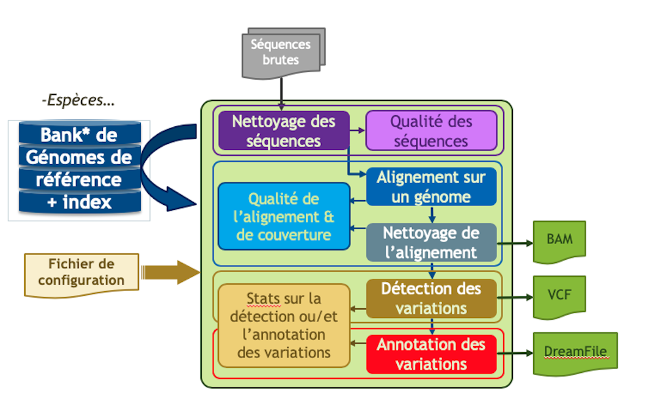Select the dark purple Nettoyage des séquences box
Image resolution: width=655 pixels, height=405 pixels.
point(284,131)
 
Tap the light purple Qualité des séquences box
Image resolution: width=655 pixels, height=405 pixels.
point(430,131)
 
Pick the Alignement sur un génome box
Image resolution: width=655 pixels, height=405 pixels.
point(430,186)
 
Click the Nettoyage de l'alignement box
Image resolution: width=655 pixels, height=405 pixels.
point(430,243)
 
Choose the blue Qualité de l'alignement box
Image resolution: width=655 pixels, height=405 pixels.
point(284,217)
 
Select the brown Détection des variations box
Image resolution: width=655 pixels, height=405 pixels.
point(430,298)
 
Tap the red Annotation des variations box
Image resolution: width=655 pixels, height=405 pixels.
point(430,354)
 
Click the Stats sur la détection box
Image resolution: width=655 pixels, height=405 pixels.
point(284,325)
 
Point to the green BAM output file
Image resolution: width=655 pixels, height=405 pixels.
point(559,240)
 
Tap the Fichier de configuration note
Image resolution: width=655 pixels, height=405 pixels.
point(81,272)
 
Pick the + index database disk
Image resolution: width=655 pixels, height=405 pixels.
point(79,202)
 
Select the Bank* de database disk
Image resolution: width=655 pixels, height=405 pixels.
point(79,135)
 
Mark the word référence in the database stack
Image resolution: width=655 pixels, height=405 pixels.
point(79,179)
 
